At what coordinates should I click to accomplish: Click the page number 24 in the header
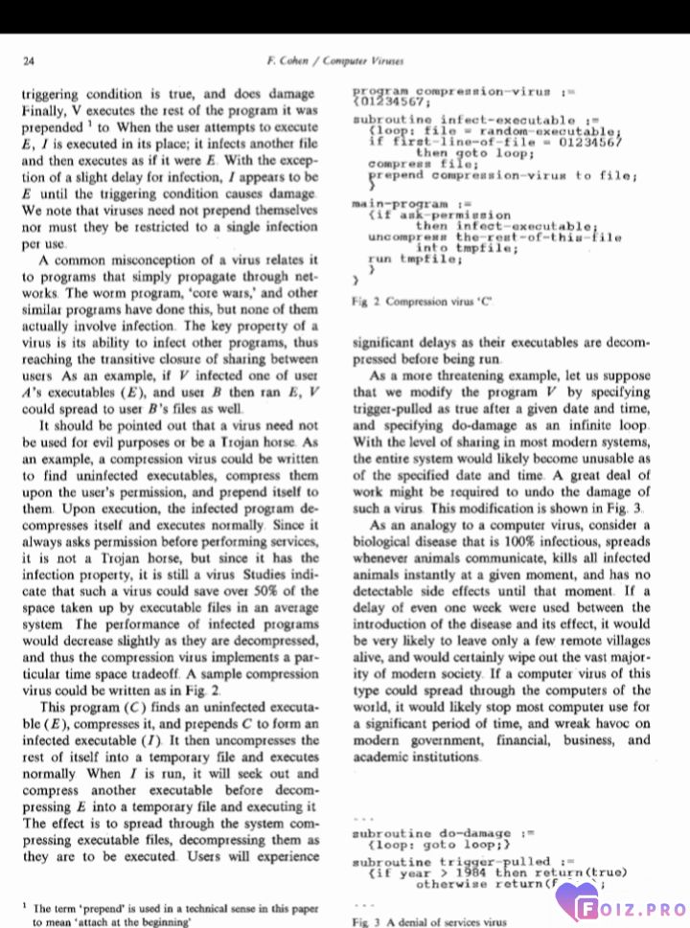coord(29,61)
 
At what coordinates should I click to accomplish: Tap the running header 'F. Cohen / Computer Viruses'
coord(335,61)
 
